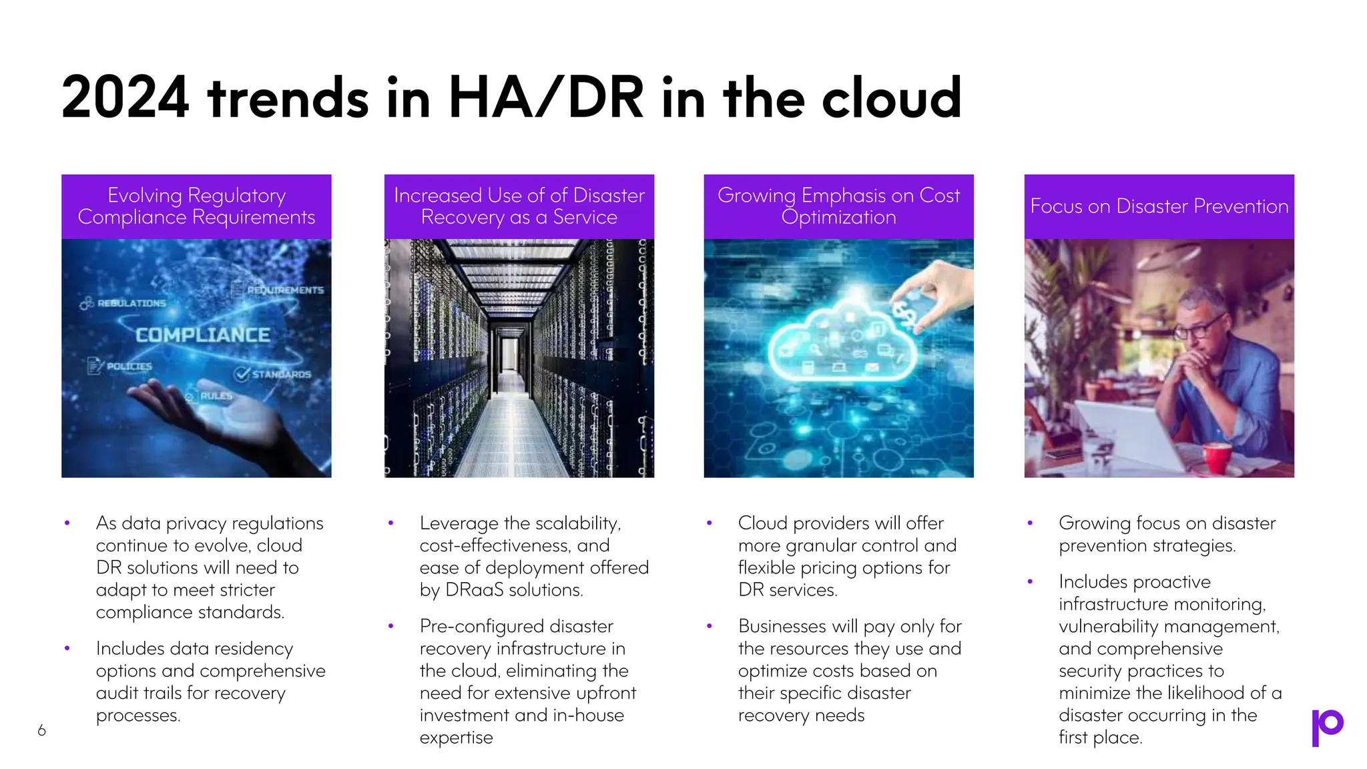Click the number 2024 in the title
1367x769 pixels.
pyautogui.click(x=125, y=98)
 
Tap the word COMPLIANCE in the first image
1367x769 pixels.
pyautogui.click(x=203, y=335)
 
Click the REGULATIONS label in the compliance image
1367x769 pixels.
pyautogui.click(x=131, y=304)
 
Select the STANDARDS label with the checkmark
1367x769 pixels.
pyautogui.click(x=280, y=374)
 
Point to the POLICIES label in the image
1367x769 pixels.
pyautogui.click(x=129, y=366)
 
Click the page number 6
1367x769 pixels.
pyautogui.click(x=42, y=730)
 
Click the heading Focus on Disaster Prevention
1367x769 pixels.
pyautogui.click(x=1159, y=206)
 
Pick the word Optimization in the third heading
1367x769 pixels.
pyautogui.click(x=838, y=218)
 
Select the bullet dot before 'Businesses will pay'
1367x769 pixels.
pyautogui.click(x=709, y=626)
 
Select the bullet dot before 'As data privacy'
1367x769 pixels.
pyautogui.click(x=67, y=523)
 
